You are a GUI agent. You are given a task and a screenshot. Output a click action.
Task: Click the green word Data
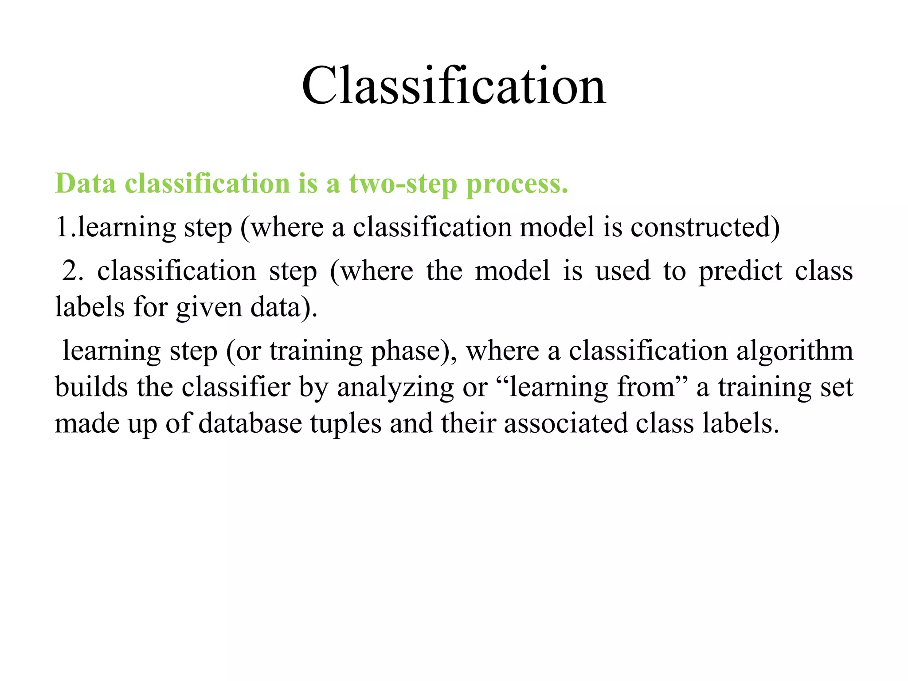pos(85,183)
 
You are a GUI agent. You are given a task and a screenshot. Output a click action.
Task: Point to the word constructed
pos(704,227)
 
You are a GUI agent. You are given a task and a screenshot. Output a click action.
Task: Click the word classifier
pos(236,387)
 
